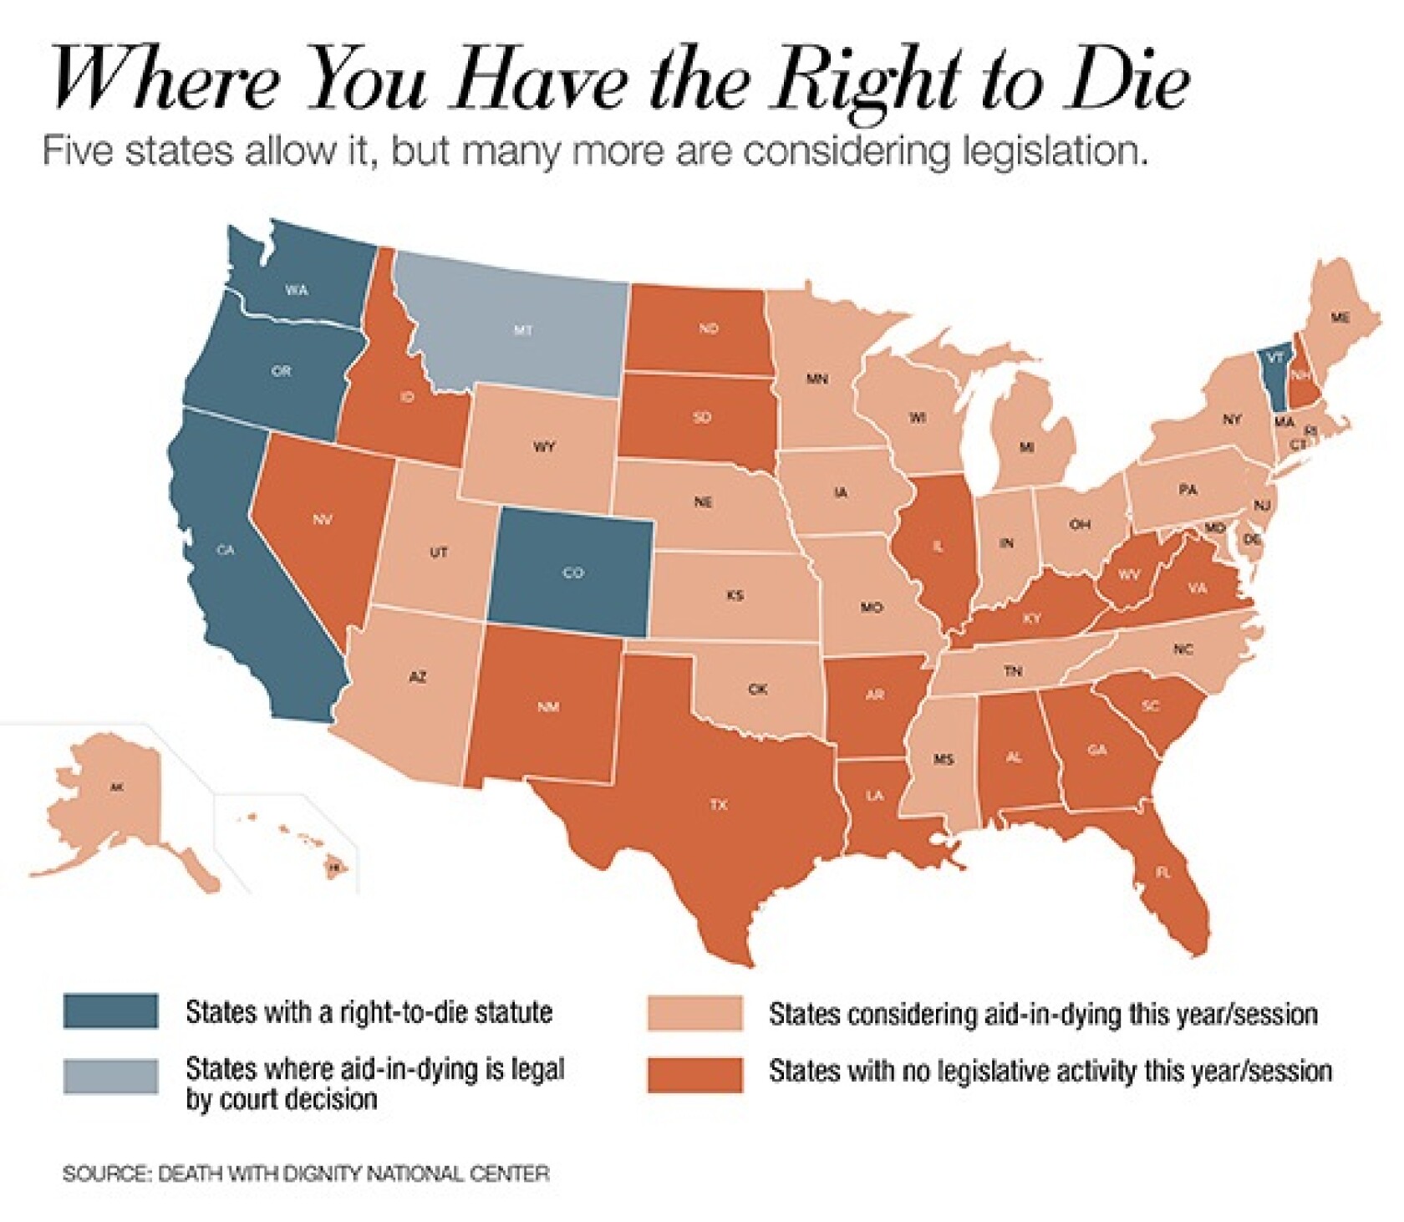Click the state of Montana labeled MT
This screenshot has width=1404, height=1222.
522,331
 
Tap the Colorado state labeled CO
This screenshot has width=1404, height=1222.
572,573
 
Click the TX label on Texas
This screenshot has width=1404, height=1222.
719,805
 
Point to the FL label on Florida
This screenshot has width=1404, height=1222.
1162,871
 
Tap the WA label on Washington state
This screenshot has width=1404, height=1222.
297,290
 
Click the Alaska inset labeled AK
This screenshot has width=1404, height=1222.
116,787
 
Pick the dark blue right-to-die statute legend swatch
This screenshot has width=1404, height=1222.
110,1011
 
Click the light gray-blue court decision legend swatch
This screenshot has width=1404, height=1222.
110,1075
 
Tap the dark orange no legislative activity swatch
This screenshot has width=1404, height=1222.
694,1075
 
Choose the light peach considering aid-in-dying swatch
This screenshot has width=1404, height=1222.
694,1013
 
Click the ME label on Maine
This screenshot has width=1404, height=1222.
1340,318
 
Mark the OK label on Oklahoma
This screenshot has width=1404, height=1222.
757,690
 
